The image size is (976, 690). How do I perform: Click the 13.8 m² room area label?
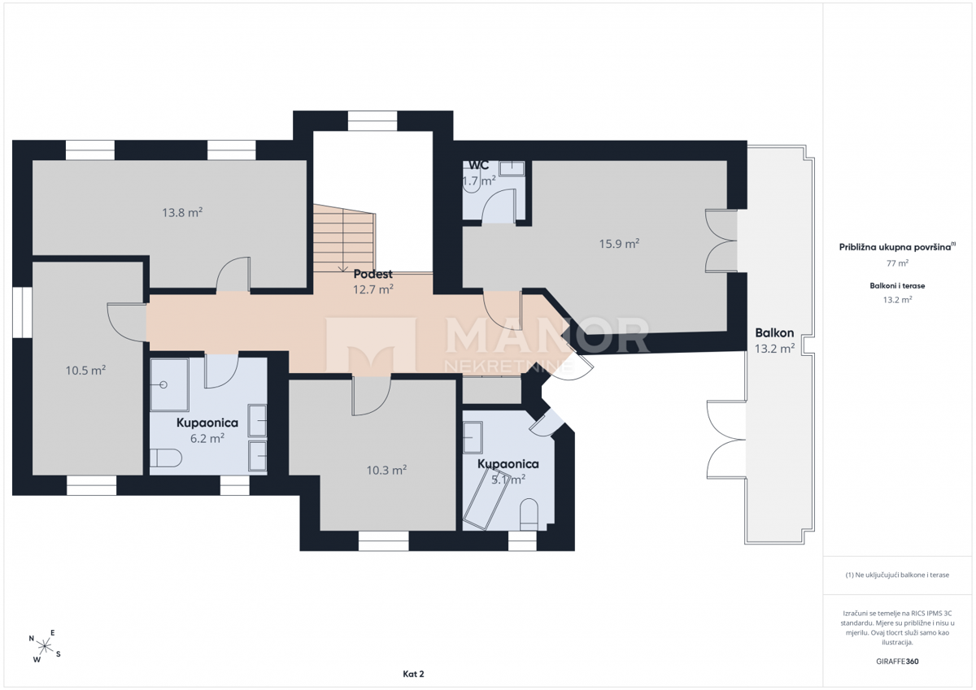[x=182, y=212]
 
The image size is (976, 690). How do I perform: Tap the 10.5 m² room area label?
[x=85, y=371]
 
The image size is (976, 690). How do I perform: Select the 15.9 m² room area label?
[x=619, y=243]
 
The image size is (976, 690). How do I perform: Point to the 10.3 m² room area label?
[x=386, y=470]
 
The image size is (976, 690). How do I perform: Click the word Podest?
[x=373, y=274]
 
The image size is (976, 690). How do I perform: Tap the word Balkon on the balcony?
[x=774, y=333]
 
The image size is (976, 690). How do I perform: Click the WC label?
[x=479, y=166]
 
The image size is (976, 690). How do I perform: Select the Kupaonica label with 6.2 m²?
[x=207, y=423]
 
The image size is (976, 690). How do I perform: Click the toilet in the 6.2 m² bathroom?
[x=166, y=458]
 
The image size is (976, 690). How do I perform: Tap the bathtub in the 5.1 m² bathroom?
[x=486, y=498]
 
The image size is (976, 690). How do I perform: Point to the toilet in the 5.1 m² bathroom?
[x=529, y=514]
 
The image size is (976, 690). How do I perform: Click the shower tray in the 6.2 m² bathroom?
[x=169, y=385]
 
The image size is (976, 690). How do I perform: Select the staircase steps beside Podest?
[x=344, y=239]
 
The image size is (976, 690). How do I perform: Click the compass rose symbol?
[x=45, y=646]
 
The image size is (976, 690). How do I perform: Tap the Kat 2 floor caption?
[x=413, y=674]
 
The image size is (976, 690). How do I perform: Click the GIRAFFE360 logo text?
[x=897, y=662]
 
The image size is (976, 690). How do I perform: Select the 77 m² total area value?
[x=897, y=263]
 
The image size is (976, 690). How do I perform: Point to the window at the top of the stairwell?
[x=373, y=121]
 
